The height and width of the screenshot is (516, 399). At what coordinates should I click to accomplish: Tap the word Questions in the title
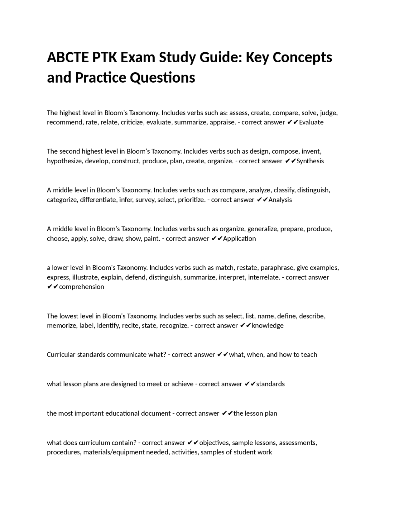162,78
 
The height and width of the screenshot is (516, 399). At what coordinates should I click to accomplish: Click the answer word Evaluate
311,122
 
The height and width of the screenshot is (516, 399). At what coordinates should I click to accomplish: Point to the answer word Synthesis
310,161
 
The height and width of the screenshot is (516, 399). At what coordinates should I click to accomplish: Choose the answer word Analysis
280,200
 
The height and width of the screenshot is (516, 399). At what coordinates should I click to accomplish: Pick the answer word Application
239,239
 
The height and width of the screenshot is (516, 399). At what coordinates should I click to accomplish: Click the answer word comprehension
81,287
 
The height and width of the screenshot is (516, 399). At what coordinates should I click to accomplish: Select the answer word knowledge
268,326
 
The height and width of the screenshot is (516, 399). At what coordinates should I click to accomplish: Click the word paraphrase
277,268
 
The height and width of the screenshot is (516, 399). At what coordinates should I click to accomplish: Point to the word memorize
62,326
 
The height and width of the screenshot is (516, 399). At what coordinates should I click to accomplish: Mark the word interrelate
264,277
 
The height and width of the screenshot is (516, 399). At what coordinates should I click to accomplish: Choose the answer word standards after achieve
270,384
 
